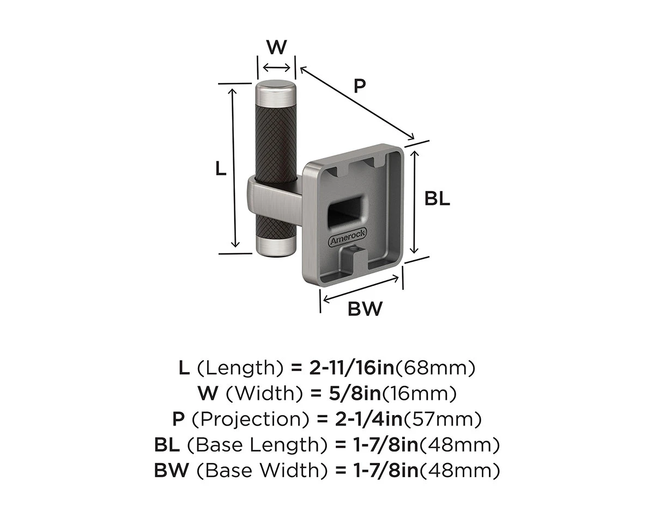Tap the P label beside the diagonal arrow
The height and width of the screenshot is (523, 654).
point(360,86)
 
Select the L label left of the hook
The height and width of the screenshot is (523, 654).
point(221,168)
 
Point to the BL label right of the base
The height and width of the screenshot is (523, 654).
point(437,199)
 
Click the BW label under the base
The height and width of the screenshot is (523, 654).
point(365,309)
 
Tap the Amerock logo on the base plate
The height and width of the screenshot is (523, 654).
point(347,237)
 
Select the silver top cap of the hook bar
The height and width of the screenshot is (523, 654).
point(276,94)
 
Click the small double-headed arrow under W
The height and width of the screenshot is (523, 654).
point(276,68)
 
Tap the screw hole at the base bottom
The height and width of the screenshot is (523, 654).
point(353,249)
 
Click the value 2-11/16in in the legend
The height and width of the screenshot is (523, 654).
point(352,368)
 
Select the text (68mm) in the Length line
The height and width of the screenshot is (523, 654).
point(435,368)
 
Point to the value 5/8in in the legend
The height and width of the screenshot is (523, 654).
point(355,394)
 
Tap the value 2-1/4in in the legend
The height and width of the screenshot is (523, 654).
point(368,419)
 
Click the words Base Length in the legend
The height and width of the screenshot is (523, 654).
point(258,445)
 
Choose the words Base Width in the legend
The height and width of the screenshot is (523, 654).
point(263,471)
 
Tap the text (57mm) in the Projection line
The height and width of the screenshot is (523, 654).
point(442,419)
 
